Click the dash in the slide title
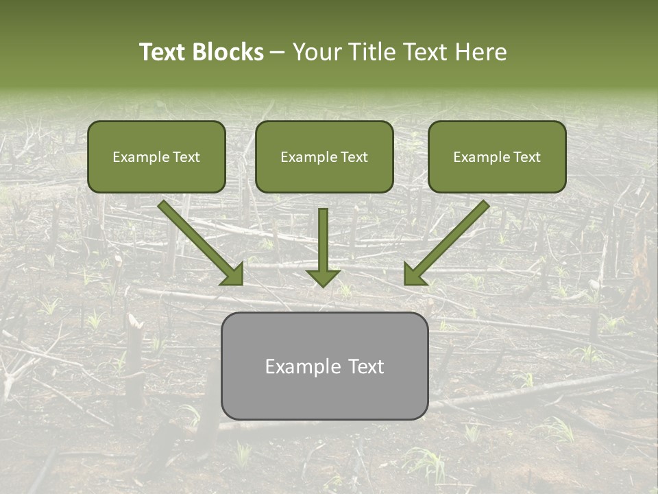(278, 53)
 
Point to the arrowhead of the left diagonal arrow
(233, 274)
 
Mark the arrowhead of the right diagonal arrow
(414, 274)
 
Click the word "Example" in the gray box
(302, 366)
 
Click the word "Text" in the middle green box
(354, 157)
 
